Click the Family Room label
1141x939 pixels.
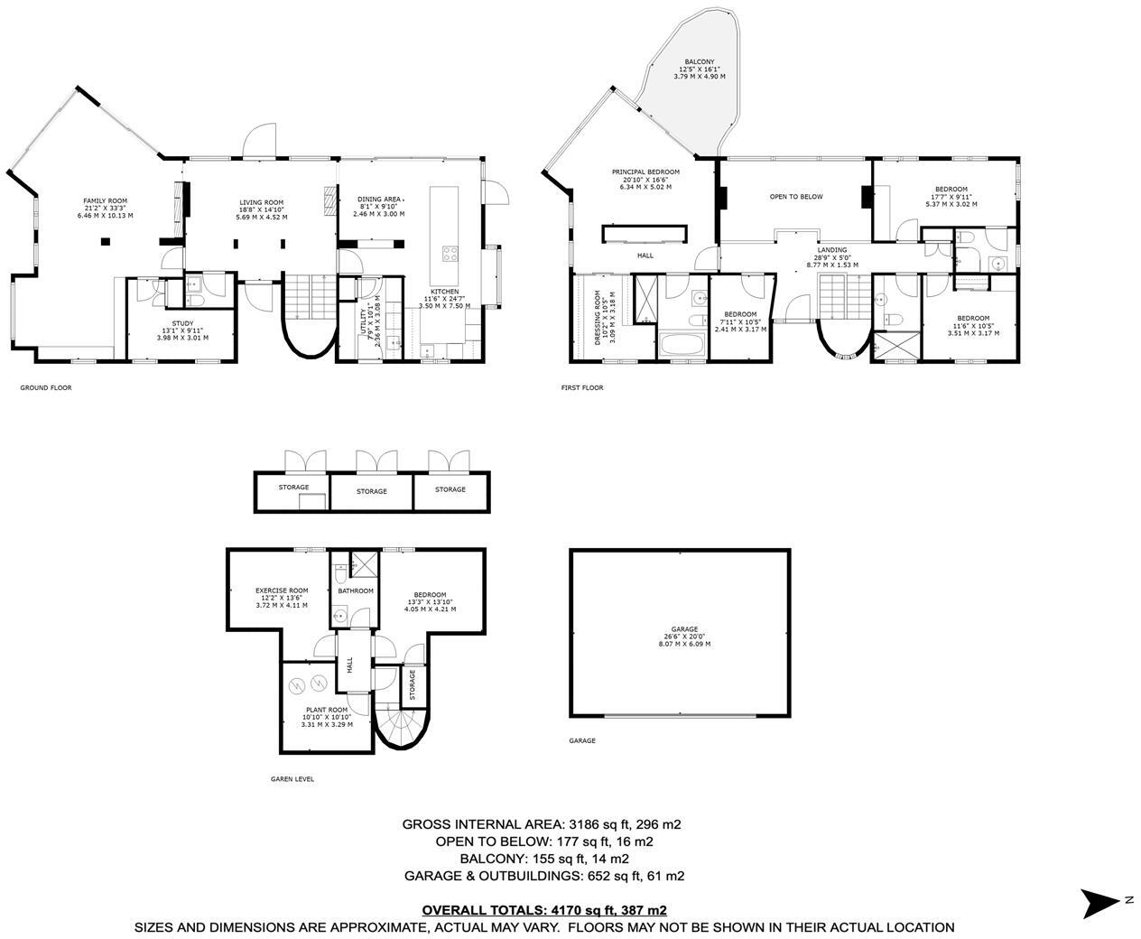[105, 208]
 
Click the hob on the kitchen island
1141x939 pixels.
[448, 254]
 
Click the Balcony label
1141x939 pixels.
[699, 69]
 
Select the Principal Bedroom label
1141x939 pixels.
[645, 179]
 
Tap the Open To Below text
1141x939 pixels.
[795, 196]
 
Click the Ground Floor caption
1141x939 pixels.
[45, 387]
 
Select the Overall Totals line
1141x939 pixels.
[544, 910]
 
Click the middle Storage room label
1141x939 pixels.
[371, 491]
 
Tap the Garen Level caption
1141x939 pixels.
[292, 779]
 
